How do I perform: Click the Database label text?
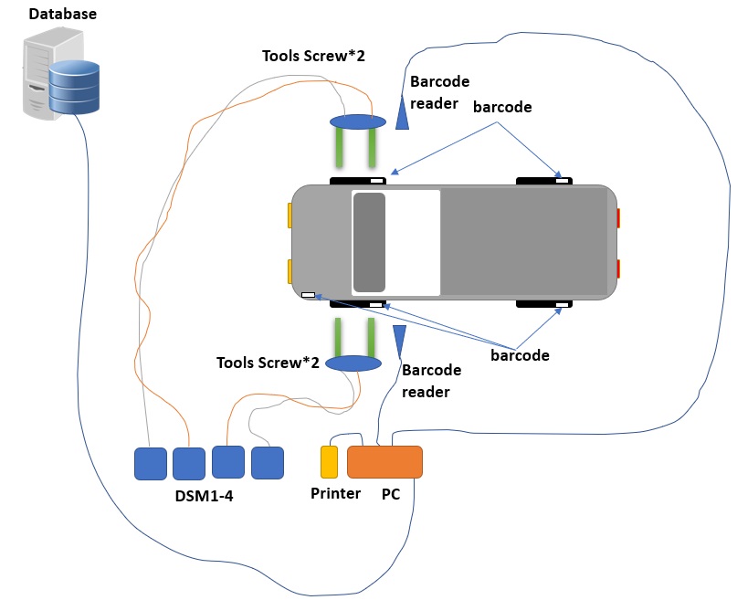point(63,15)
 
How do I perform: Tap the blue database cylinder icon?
point(74,88)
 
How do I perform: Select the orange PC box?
point(384,462)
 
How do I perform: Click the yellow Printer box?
point(329,462)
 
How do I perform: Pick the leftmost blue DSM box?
point(151,463)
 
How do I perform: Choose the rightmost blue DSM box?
point(268,463)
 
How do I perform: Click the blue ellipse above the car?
point(357,121)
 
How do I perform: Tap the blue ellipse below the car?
point(353,363)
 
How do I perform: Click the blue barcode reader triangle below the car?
point(398,340)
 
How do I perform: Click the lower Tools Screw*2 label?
point(268,363)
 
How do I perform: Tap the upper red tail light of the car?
point(618,218)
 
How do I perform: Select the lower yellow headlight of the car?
point(290,271)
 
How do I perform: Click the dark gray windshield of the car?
point(369,242)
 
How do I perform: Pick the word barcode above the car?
point(502,107)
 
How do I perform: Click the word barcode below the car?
point(520,355)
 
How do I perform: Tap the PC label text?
point(391,494)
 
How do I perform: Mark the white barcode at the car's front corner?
point(309,295)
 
